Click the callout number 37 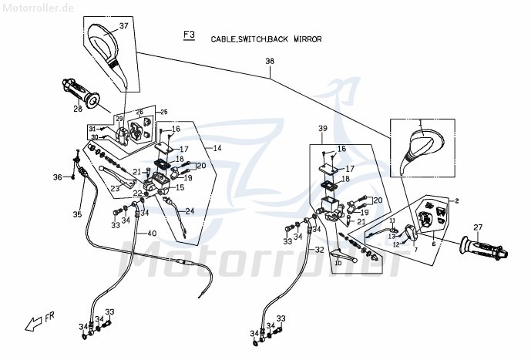[x=123, y=26]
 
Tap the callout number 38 [x=269, y=62]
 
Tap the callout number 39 [x=322, y=128]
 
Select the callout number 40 [x=150, y=234]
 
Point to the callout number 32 [x=318, y=250]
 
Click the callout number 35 [x=77, y=214]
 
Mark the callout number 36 [x=57, y=177]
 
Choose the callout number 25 [x=163, y=113]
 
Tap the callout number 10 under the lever [x=337, y=263]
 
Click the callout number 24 [x=190, y=211]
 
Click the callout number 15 [x=180, y=187]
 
